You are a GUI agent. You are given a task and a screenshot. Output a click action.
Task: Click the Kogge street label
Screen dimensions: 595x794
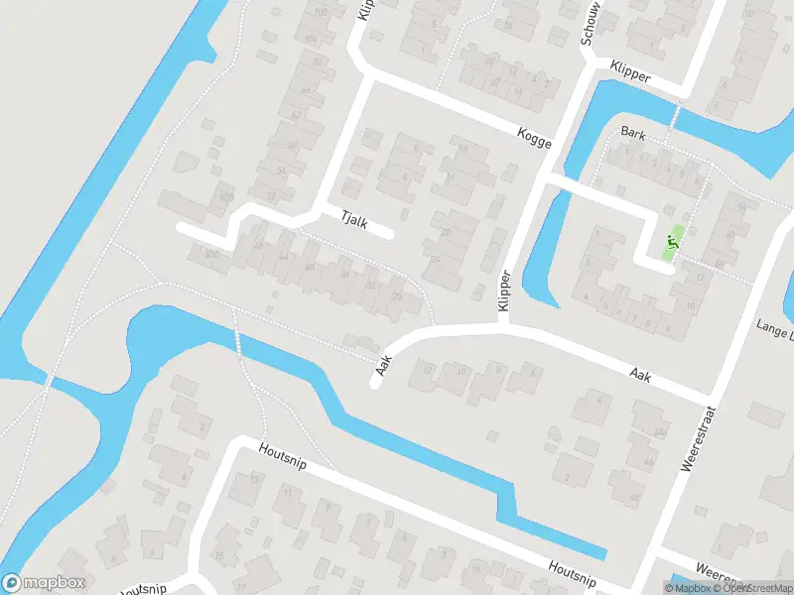click(533, 138)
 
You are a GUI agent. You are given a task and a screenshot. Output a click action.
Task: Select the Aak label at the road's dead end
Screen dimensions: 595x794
click(382, 366)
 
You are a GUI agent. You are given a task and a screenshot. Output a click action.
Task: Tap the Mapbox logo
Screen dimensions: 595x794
click(44, 583)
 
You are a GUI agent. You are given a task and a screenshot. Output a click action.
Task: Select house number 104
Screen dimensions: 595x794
click(312, 39)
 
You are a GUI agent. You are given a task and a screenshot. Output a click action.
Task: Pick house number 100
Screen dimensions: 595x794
click(320, 12)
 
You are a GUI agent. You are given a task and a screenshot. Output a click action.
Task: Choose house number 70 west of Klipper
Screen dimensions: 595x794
click(317, 61)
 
